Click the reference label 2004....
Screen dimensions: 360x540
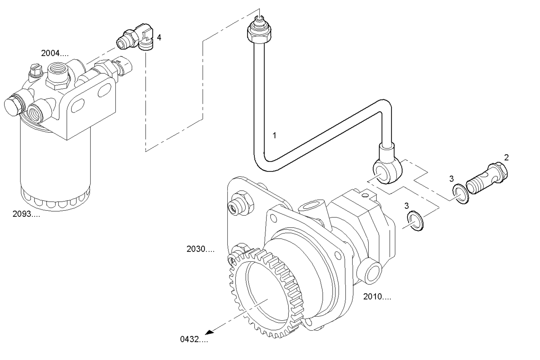pyautogui.click(x=55, y=53)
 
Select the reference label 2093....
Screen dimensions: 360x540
pyautogui.click(x=26, y=214)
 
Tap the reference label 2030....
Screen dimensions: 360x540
pyautogui.click(x=200, y=249)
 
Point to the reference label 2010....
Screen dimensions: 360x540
pyautogui.click(x=377, y=296)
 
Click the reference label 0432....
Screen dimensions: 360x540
pyautogui.click(x=194, y=339)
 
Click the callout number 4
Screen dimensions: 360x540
pyautogui.click(x=159, y=37)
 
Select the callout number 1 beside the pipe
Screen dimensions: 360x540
pyautogui.click(x=274, y=135)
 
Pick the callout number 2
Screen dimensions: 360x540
pyautogui.click(x=506, y=157)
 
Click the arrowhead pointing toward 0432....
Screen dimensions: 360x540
pyautogui.click(x=209, y=333)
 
